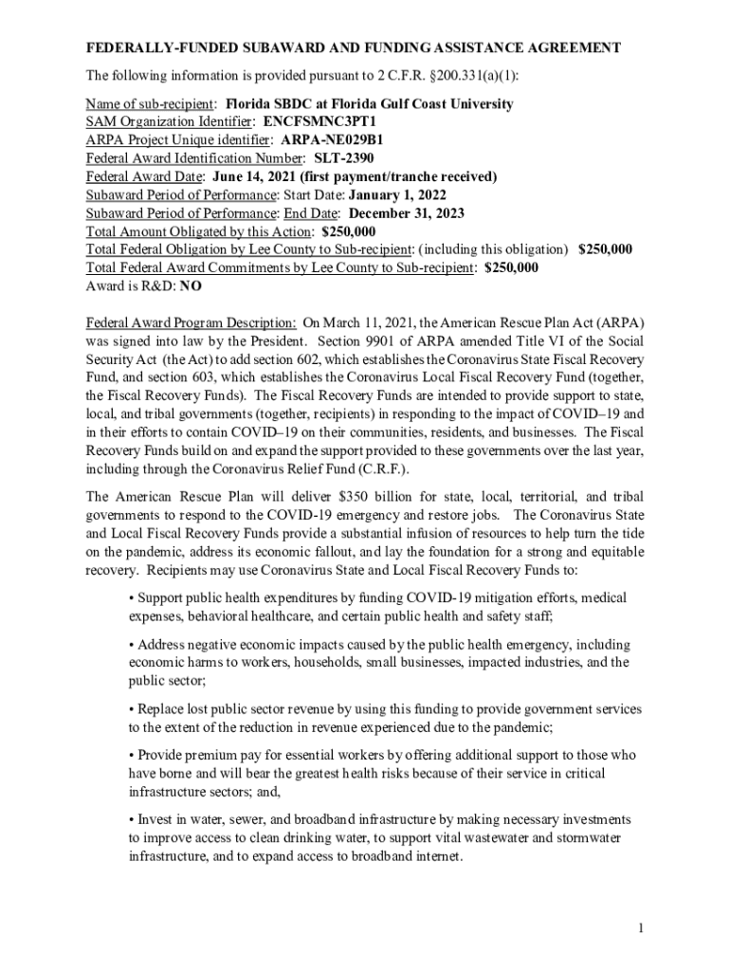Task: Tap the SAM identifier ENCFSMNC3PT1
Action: click(x=319, y=122)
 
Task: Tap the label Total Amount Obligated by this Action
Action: click(x=199, y=231)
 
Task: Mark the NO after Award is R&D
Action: click(x=191, y=285)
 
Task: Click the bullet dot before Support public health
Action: click(x=131, y=598)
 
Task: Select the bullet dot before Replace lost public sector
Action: click(x=131, y=708)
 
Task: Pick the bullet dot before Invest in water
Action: click(x=131, y=818)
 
